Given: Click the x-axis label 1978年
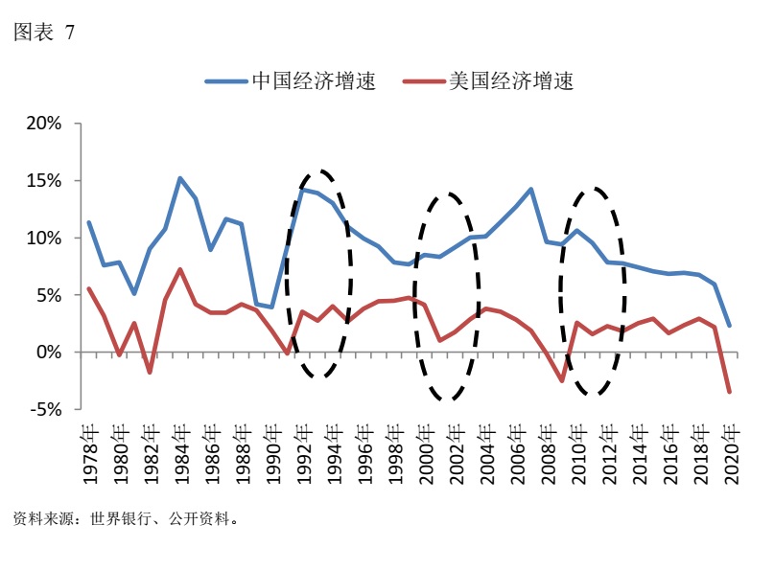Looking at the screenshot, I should [x=89, y=453].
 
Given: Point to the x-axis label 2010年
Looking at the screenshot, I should [x=577, y=453].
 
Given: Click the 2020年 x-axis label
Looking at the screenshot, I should [x=730, y=453].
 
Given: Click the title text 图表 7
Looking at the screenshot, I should [x=43, y=33].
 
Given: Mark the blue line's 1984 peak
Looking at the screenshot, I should [x=180, y=178].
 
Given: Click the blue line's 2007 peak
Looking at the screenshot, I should [x=531, y=189].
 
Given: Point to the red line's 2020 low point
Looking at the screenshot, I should [x=730, y=392].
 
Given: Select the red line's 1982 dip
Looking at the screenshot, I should [x=150, y=373].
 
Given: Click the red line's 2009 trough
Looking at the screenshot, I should [x=562, y=381].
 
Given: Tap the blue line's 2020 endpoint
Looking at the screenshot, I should [x=730, y=326].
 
